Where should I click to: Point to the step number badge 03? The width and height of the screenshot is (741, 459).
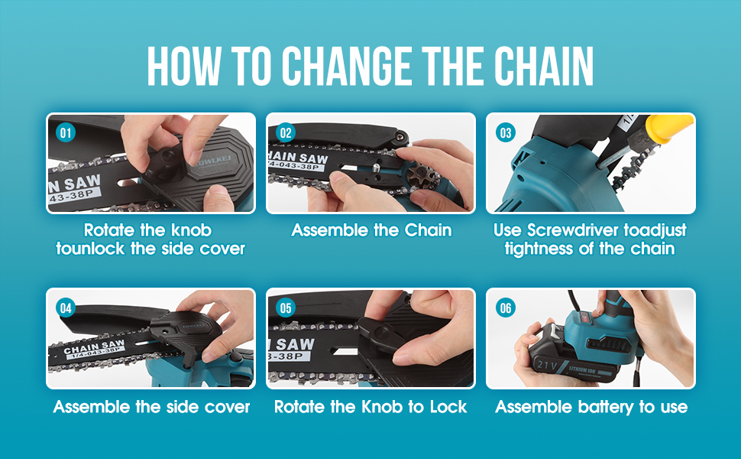pyautogui.click(x=506, y=132)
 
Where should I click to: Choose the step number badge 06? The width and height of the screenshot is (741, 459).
pyautogui.click(x=506, y=308)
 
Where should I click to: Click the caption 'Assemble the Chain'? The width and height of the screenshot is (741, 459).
pyautogui.click(x=371, y=230)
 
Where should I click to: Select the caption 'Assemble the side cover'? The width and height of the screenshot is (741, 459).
pyautogui.click(x=151, y=407)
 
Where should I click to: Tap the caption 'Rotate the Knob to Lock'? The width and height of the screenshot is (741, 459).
pyautogui.click(x=370, y=407)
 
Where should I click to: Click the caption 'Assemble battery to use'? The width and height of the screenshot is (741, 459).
pyautogui.click(x=591, y=407)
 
